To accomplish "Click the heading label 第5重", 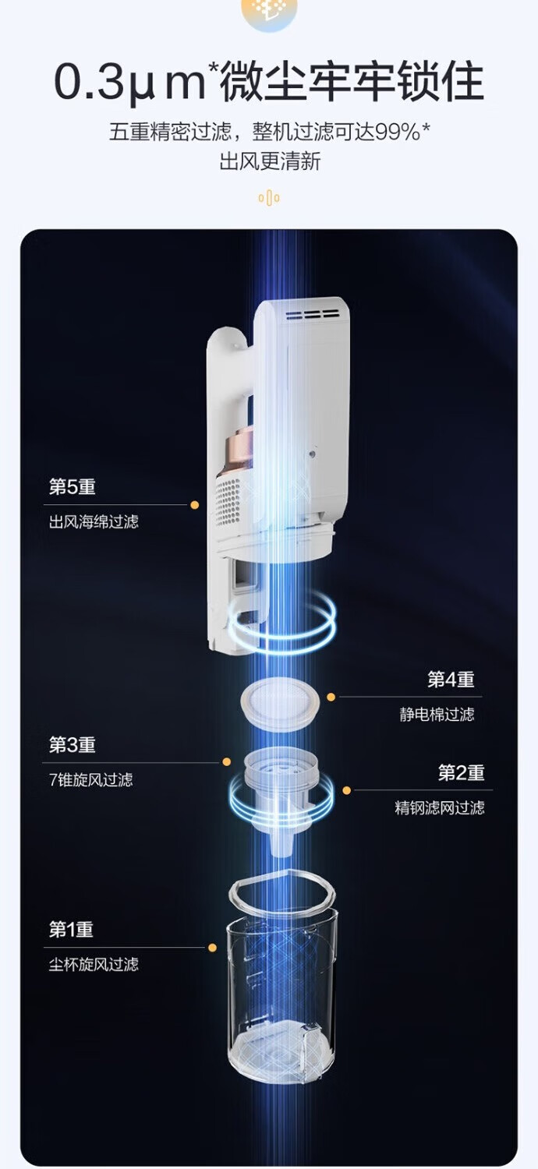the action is click(72, 487).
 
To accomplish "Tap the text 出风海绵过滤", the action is click(94, 522).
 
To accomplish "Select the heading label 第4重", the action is click(451, 680).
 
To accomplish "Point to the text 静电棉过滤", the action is click(437, 715).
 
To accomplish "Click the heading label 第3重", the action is click(72, 745).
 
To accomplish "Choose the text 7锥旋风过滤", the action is click(90, 780).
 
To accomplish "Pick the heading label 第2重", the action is click(461, 773).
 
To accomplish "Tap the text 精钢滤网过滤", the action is click(439, 808).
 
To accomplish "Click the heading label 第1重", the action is click(71, 930).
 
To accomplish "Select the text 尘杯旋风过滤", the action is click(94, 965).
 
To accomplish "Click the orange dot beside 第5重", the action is click(194, 505).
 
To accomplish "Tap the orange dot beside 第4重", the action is click(331, 697).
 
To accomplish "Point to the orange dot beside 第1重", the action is click(212, 948).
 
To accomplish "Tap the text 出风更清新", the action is click(269, 162).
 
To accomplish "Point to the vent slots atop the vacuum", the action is click(311, 316).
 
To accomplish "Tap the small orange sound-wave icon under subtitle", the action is click(269, 198).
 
